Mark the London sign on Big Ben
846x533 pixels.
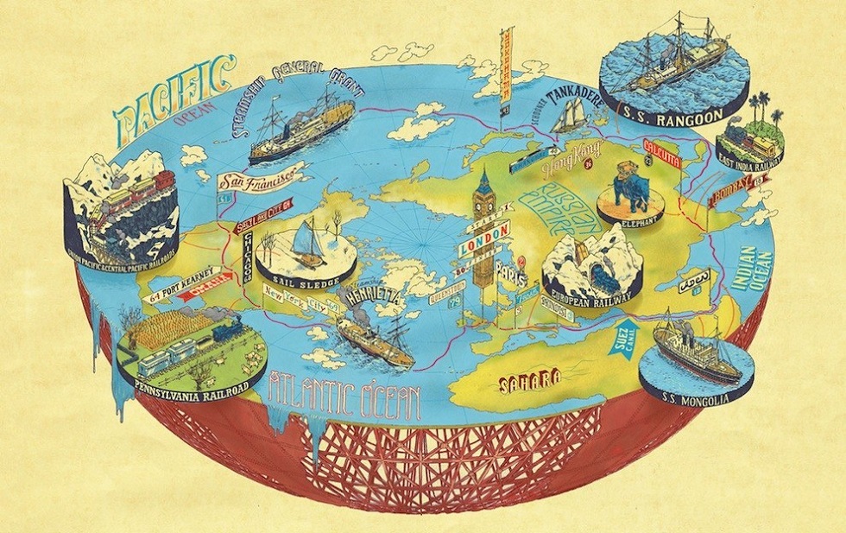click(483, 245)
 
